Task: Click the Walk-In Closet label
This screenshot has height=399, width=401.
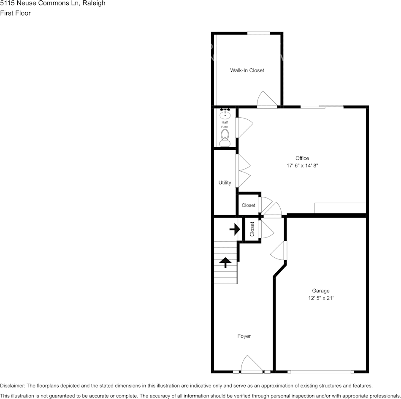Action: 247,70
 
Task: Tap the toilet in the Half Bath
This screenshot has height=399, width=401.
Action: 225,136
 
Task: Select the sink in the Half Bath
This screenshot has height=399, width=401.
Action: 225,113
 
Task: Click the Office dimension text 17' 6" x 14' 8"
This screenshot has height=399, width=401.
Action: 302,166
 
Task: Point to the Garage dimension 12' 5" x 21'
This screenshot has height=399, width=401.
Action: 321,298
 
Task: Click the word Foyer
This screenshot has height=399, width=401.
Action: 244,336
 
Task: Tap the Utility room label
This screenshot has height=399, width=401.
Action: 225,183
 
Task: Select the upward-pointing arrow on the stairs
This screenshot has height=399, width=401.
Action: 225,262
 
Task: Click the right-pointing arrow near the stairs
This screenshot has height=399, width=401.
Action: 235,229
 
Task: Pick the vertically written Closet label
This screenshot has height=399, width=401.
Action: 252,229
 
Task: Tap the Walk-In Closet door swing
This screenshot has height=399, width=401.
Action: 267,100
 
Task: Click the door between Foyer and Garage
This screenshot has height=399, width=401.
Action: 279,252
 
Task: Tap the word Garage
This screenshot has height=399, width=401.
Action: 321,291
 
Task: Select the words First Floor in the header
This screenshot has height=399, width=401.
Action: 16,13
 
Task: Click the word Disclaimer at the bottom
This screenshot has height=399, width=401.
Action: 12,386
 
